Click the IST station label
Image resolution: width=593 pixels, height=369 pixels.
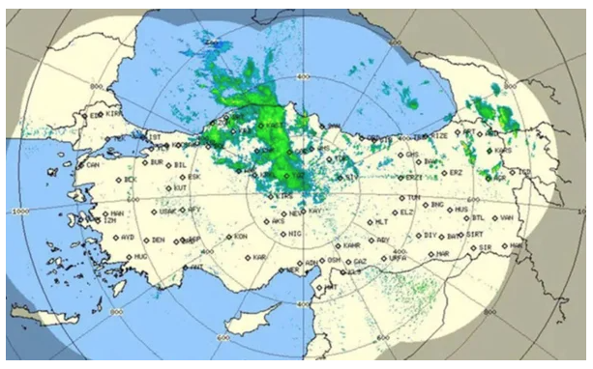coord(152,136)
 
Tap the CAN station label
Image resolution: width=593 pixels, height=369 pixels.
coord(94,164)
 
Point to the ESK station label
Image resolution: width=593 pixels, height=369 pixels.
coord(193,177)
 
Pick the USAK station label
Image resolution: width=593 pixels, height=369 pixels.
coord(168,211)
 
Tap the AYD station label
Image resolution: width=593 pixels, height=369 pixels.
coord(127,237)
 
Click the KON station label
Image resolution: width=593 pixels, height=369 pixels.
coord(241,236)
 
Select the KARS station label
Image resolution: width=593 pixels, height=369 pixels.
coord(502,151)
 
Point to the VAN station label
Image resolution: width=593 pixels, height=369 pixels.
coord(504,218)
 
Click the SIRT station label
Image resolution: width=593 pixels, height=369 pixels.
coord(474,235)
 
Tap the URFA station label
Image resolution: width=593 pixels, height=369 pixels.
coord(397,258)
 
